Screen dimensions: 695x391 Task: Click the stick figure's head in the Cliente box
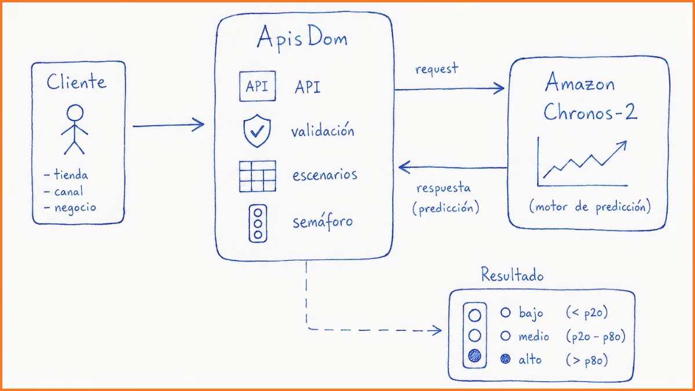coord(75,112)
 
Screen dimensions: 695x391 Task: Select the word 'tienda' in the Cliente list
coord(71,174)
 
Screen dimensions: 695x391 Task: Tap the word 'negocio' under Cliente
coord(75,207)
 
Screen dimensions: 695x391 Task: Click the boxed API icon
coord(257,86)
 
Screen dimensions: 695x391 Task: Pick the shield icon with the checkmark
coord(257,131)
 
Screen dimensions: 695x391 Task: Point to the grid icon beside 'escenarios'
coord(258,176)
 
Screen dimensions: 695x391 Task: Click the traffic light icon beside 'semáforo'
coord(258,224)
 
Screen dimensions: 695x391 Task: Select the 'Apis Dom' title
coord(302,38)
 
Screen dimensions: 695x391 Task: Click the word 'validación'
coord(323,130)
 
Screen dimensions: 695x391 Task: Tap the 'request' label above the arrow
coord(437,69)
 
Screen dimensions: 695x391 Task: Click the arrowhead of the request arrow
coord(499,89)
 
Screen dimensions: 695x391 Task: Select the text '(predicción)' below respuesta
coord(445,208)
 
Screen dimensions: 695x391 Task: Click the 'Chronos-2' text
coord(590,112)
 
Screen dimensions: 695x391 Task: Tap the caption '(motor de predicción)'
coord(590,207)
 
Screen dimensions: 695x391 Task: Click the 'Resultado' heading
coord(512,275)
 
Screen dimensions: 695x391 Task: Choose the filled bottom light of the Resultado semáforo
coord(475,356)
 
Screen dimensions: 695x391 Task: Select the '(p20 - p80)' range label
coord(596,336)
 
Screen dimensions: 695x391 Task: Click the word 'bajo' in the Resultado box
coord(531,313)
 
